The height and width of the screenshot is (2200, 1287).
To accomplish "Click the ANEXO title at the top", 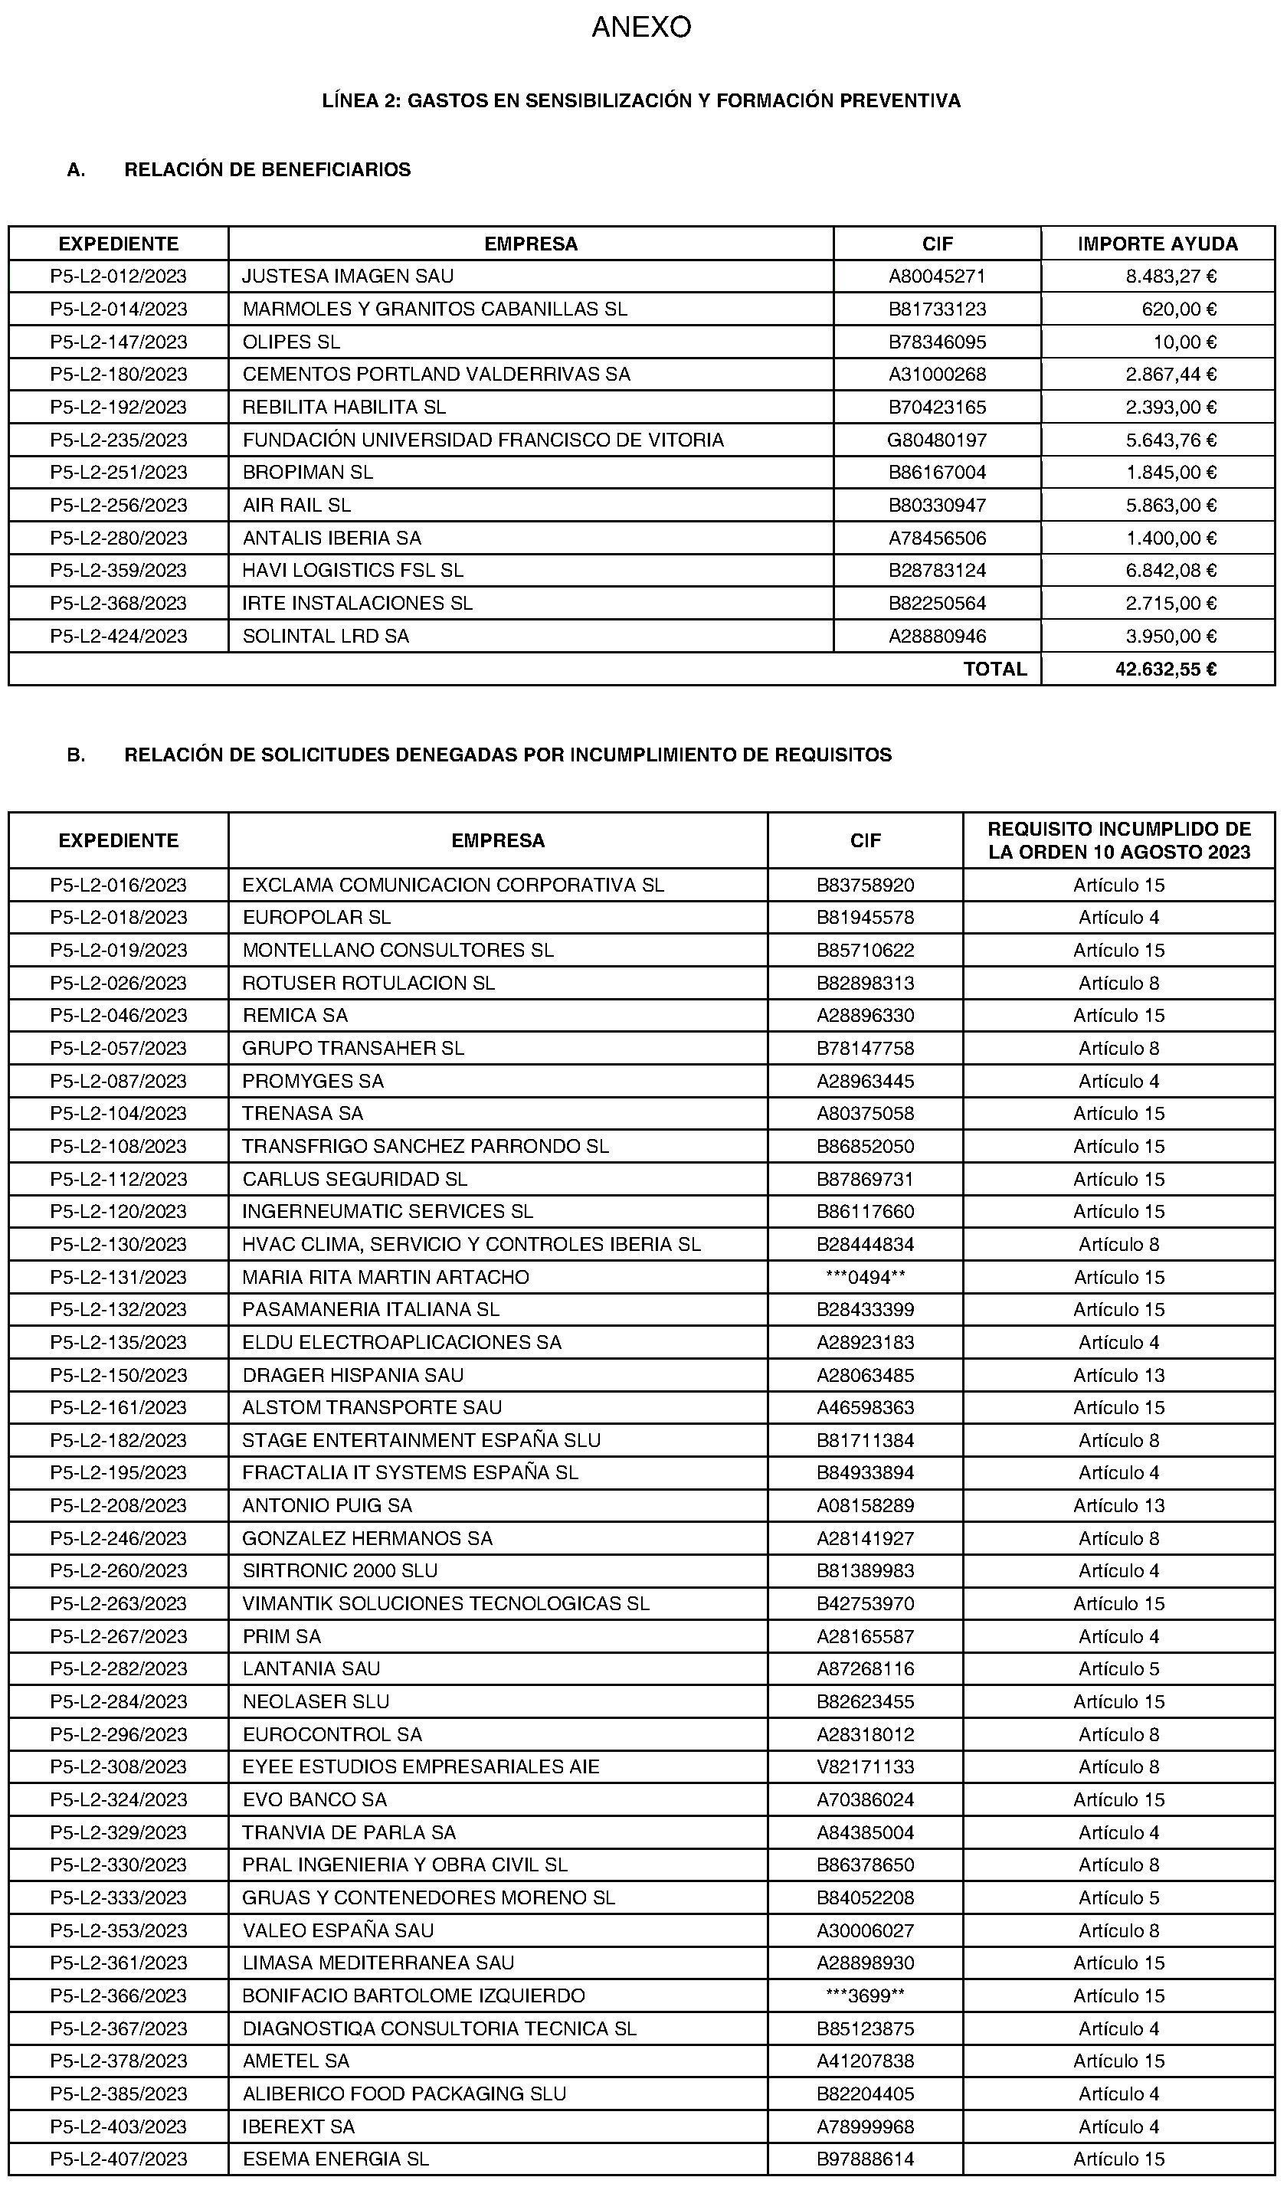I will (x=641, y=28).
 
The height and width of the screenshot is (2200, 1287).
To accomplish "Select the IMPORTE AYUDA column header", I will (x=1157, y=244).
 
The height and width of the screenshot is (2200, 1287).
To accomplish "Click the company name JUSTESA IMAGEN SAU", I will (x=348, y=277).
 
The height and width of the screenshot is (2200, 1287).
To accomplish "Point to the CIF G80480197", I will (x=937, y=440).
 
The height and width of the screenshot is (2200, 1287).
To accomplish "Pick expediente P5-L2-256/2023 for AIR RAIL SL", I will (x=119, y=506).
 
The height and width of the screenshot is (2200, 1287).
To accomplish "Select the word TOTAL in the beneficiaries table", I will (x=994, y=669).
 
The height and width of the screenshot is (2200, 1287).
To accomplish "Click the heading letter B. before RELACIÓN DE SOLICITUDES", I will (x=76, y=755).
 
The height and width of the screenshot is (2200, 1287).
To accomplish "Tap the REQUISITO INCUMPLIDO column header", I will (x=1118, y=841).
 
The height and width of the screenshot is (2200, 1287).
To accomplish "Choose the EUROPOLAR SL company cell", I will (x=316, y=918).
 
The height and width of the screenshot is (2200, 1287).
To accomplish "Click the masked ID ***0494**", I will (x=865, y=1277).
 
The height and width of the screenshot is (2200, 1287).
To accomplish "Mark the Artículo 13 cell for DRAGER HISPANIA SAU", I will (x=1118, y=1375).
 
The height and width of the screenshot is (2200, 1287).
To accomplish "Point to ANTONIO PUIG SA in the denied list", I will (x=326, y=1505).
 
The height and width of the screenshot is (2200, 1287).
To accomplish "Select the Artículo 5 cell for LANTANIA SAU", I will (x=1118, y=1668).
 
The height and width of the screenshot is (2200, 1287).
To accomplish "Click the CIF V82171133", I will (x=865, y=1767).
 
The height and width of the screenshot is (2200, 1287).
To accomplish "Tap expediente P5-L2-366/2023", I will (x=119, y=1995).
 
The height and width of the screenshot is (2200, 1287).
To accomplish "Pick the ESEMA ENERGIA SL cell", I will (x=336, y=2159).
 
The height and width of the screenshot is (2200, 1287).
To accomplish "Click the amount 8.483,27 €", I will (x=1170, y=277).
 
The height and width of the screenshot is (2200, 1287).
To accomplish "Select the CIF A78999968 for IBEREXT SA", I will (x=865, y=2126).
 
